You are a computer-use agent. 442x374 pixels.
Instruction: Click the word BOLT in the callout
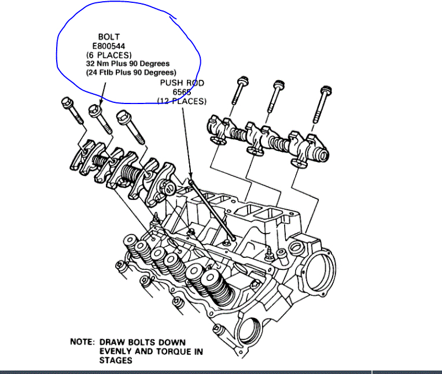click(x=109, y=37)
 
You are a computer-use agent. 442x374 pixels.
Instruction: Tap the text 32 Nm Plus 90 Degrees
click(x=128, y=64)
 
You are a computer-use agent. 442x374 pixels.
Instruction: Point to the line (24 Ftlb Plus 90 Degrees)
click(x=129, y=73)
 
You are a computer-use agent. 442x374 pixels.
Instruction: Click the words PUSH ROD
click(x=182, y=83)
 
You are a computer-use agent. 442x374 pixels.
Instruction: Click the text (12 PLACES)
click(x=182, y=101)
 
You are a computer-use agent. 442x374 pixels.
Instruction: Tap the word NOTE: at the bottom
click(x=82, y=342)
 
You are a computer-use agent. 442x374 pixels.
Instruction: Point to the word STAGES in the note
click(x=116, y=360)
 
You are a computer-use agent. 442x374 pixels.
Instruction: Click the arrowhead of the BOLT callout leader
click(x=101, y=103)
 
